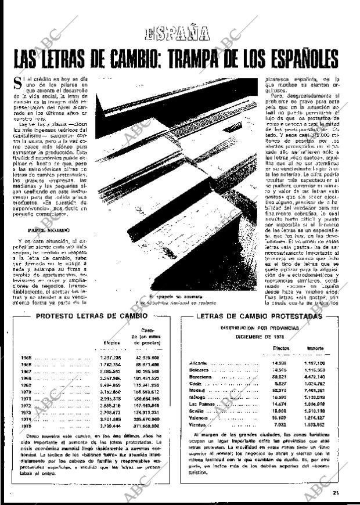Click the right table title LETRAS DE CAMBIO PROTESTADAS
260,316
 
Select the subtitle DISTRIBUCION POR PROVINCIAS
259,327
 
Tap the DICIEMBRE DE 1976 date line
259,337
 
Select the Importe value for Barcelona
314,376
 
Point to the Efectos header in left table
111,343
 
